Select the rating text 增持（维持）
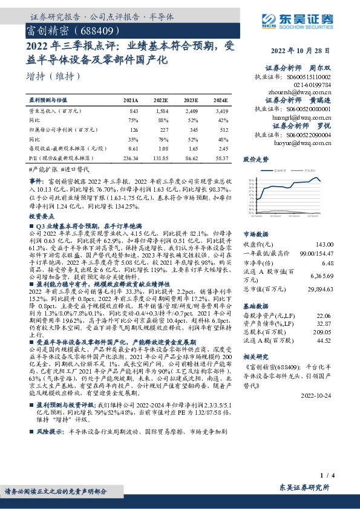pos(54,76)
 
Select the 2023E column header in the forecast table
pos(190,100)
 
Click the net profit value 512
pos(223,129)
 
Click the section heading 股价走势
pos(255,160)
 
